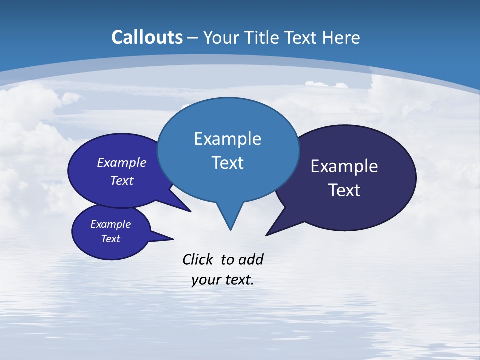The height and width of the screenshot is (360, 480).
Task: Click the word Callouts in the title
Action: point(147,37)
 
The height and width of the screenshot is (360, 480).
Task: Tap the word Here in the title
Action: point(341,37)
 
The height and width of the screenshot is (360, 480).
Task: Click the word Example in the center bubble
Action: point(227,139)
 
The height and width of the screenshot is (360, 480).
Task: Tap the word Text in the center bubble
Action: point(227,163)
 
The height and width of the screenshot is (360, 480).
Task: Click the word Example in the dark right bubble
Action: point(344,166)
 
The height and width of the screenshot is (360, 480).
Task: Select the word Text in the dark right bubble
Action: point(344,190)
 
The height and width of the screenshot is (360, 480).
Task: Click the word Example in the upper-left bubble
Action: point(121,162)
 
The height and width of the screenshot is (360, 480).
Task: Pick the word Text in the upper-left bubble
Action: point(121,180)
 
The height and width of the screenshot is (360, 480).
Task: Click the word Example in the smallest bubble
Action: point(110,224)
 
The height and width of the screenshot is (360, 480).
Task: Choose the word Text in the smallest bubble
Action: point(110,239)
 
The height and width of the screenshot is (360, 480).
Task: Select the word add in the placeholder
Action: point(251,260)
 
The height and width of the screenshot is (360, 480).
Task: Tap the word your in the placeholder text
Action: point(204,280)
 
